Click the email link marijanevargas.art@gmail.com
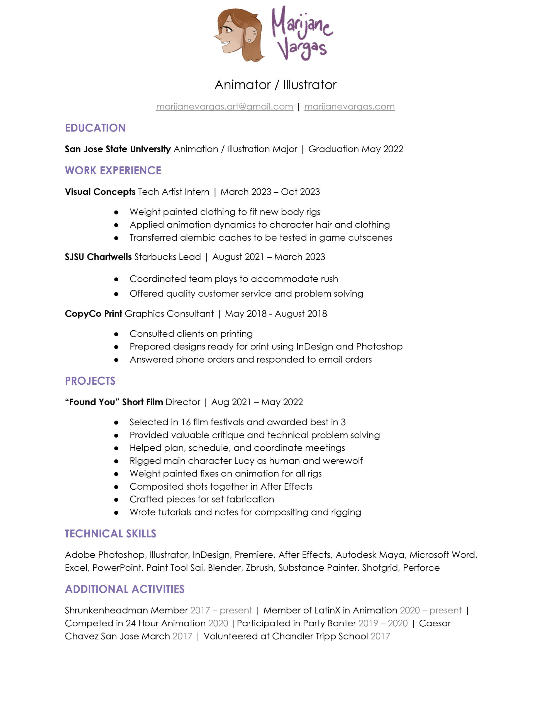225,106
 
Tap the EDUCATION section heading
95,128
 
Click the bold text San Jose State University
118,149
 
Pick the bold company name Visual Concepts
100,192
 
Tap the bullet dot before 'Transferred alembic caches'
116,238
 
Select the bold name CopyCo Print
93,313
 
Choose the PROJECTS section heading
90,381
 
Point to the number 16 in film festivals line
186,422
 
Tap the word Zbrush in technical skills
259,568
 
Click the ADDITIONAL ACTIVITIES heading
125,589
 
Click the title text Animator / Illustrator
275,85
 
